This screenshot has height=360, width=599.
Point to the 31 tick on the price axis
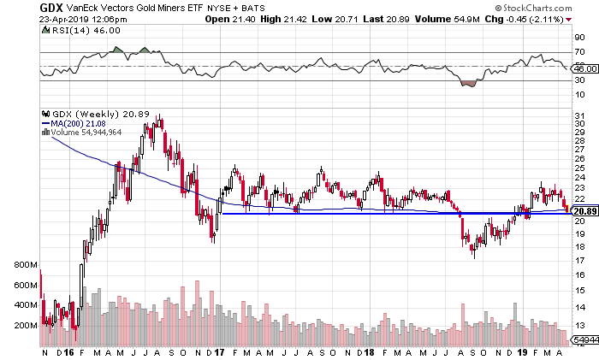pyautogui.click(x=579, y=115)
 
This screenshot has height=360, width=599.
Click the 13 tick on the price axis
pyautogui.click(x=579, y=325)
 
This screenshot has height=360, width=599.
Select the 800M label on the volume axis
pyautogui.click(x=26, y=265)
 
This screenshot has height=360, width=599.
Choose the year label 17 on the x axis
pyautogui.click(x=221, y=352)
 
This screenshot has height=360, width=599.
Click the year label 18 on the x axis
pyautogui.click(x=371, y=352)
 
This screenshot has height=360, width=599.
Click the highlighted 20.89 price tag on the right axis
pyautogui.click(x=584, y=211)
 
